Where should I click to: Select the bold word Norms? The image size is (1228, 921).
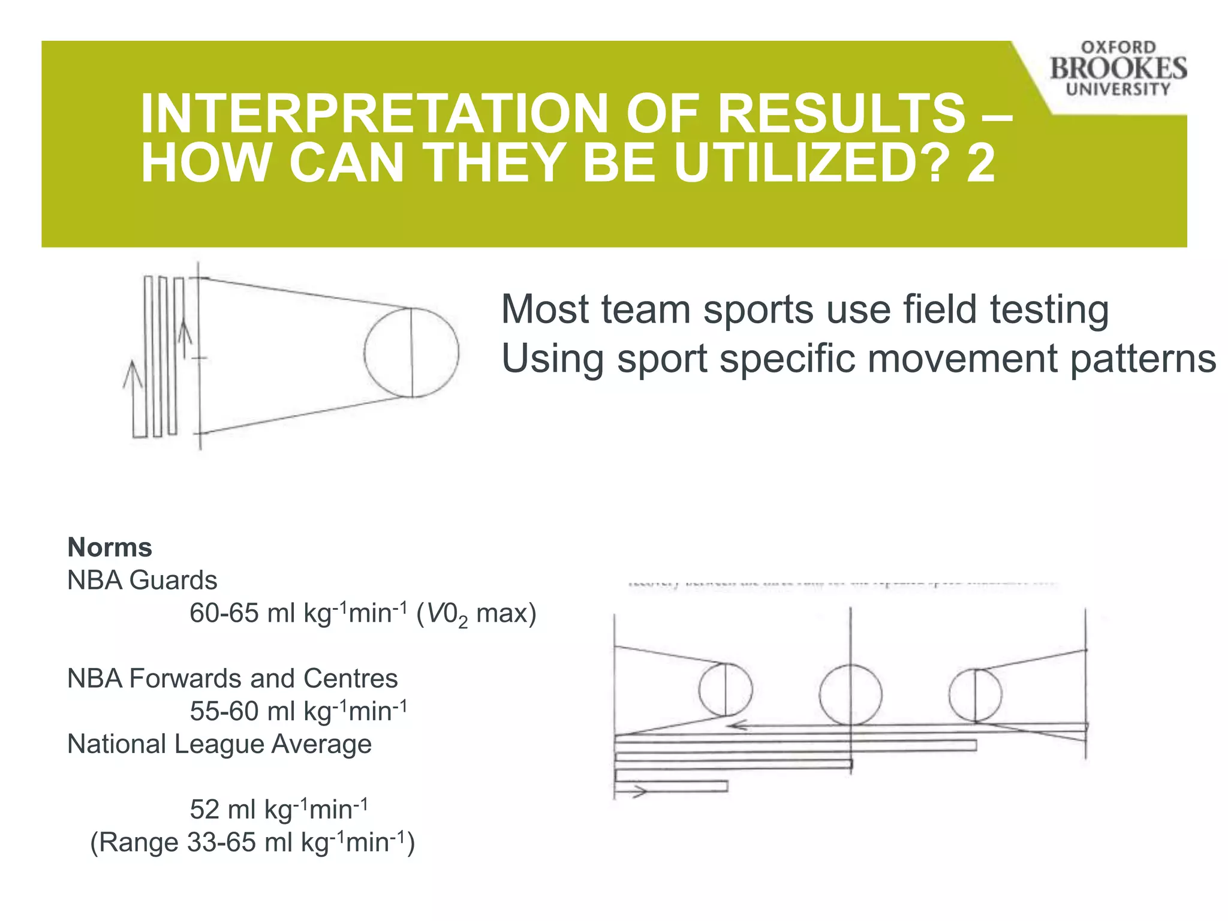(x=110, y=547)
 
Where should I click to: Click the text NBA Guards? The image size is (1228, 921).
(x=142, y=580)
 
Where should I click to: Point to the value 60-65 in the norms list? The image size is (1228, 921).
(x=224, y=613)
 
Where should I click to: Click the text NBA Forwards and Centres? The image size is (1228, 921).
(x=233, y=679)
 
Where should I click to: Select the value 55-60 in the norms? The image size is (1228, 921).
(x=224, y=712)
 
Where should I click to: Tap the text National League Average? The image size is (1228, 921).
(x=219, y=744)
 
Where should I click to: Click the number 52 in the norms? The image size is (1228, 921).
(x=204, y=810)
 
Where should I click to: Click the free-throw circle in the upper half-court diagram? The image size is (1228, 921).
(x=411, y=353)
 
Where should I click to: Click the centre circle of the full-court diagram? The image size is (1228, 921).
(x=850, y=694)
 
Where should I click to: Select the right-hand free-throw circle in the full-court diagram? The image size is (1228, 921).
(x=975, y=695)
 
